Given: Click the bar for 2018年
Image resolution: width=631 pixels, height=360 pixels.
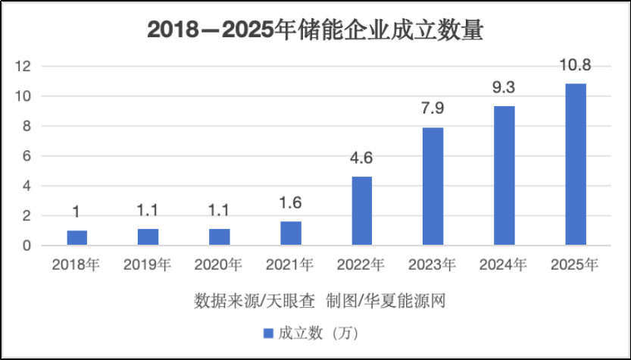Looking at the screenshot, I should (77, 238).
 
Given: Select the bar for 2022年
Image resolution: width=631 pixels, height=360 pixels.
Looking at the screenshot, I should (361, 211).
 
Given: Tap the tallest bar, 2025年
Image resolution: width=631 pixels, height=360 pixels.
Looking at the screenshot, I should (576, 164).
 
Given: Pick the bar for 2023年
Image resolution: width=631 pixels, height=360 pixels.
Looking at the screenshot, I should (433, 186).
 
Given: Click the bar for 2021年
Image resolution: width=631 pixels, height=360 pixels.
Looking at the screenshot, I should (290, 233).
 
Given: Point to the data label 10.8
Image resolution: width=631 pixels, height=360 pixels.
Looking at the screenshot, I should (576, 65).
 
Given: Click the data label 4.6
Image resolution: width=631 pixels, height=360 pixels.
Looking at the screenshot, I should (361, 158).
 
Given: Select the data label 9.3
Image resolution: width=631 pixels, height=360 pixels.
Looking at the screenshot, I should (504, 88).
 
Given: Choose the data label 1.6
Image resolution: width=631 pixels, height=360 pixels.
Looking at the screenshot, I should (290, 202).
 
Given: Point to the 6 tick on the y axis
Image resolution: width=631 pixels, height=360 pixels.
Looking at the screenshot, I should (27, 156).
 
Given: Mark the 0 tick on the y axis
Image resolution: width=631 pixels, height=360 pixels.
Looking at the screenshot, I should (27, 246).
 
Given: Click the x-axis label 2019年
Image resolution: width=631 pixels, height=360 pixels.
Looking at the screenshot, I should (148, 265).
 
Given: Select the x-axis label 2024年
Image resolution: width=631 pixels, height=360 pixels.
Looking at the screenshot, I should (504, 265).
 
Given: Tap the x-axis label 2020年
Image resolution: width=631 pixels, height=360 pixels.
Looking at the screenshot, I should (219, 265).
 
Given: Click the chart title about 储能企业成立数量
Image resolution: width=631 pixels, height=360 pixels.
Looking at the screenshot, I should (315, 30).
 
